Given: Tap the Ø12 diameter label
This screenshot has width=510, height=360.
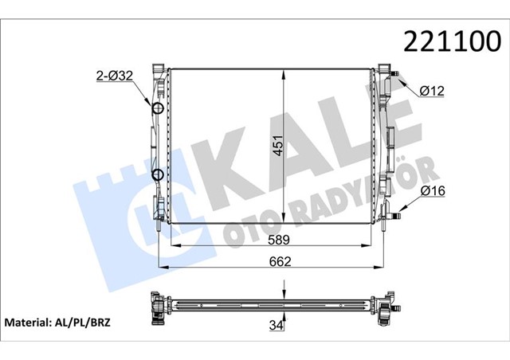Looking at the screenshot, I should click(x=433, y=92).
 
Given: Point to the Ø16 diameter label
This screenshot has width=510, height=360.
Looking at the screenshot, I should click(x=433, y=190).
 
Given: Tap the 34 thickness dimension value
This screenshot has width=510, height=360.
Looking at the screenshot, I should click(x=276, y=325).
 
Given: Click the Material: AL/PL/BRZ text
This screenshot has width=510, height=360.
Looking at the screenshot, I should click(x=58, y=323).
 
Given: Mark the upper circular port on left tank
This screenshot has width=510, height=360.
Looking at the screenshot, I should click(x=158, y=109).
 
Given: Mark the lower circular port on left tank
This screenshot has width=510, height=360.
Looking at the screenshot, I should click(x=158, y=175).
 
